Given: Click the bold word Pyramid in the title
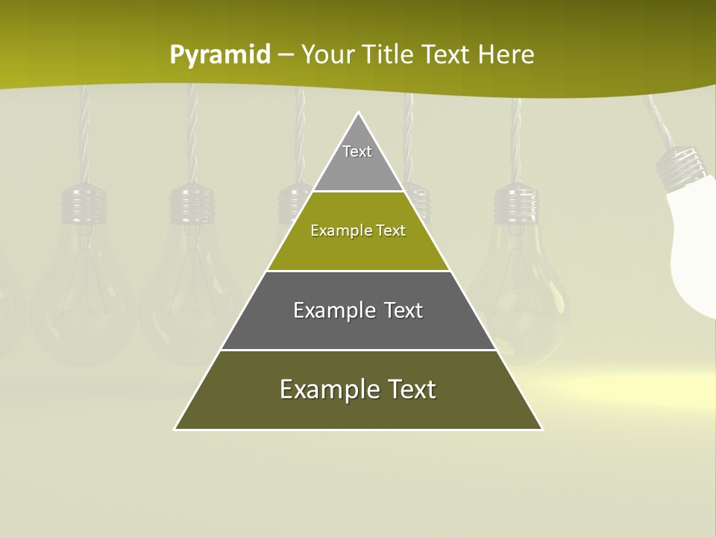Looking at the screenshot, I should tap(219, 55).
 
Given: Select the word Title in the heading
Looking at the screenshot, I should tap(392, 55).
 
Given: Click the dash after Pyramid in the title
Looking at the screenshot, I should tap(286, 55).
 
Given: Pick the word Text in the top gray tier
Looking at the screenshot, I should tap(357, 151).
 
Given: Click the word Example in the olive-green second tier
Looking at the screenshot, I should tap(339, 231).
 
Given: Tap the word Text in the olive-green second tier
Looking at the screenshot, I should tap(391, 231).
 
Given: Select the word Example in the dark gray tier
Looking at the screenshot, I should tap(333, 310).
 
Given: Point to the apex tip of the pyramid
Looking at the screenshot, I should tap(359, 113).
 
